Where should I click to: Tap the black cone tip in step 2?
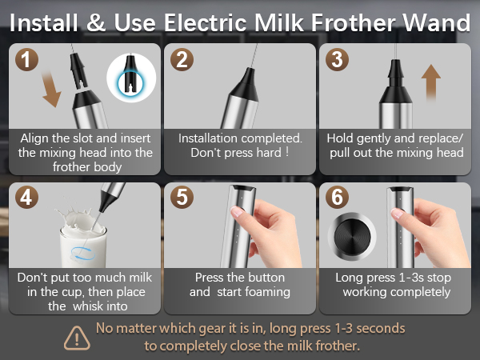242,81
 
